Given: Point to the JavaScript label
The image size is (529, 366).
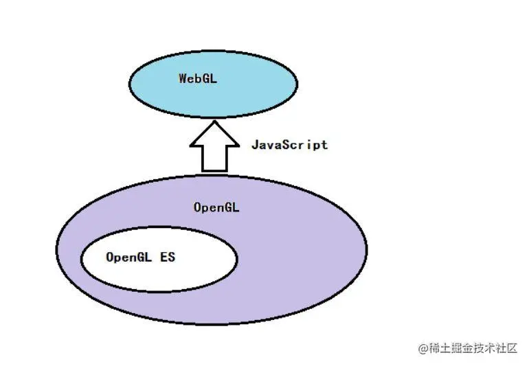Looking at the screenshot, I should [289, 145].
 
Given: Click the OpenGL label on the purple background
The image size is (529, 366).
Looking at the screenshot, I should [216, 207].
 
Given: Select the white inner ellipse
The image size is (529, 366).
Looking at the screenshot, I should [158, 275].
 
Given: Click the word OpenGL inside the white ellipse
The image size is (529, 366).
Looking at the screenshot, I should [128, 258].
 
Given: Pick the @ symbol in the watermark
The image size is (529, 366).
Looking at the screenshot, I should [423, 348].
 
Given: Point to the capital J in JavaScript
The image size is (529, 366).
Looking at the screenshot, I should [255, 145].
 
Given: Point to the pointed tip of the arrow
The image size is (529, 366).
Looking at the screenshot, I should [215, 122].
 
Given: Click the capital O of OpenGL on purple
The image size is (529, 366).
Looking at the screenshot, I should [198, 207].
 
